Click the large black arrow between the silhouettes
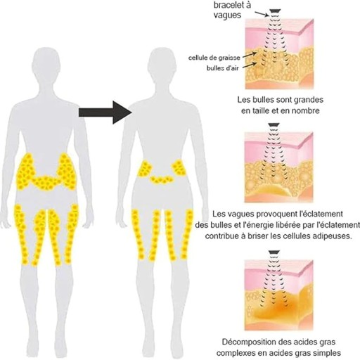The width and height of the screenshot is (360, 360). tap(105, 112)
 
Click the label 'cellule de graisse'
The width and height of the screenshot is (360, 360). tap(214, 58)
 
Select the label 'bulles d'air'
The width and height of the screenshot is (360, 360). tap(223, 68)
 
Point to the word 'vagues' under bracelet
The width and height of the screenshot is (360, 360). tap(227, 15)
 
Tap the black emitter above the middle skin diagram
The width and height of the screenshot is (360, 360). tap(274, 125)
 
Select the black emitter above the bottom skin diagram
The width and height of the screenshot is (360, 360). tap(274, 252)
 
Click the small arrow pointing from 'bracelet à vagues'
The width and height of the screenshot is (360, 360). tap(262, 14)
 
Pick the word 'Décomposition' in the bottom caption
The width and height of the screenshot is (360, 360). tap(245, 342)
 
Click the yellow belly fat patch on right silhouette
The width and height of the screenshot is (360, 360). tap(162, 180)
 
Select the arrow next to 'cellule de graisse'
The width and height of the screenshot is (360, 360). tap(249, 55)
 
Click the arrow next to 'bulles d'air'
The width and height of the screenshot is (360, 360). tap(249, 65)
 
